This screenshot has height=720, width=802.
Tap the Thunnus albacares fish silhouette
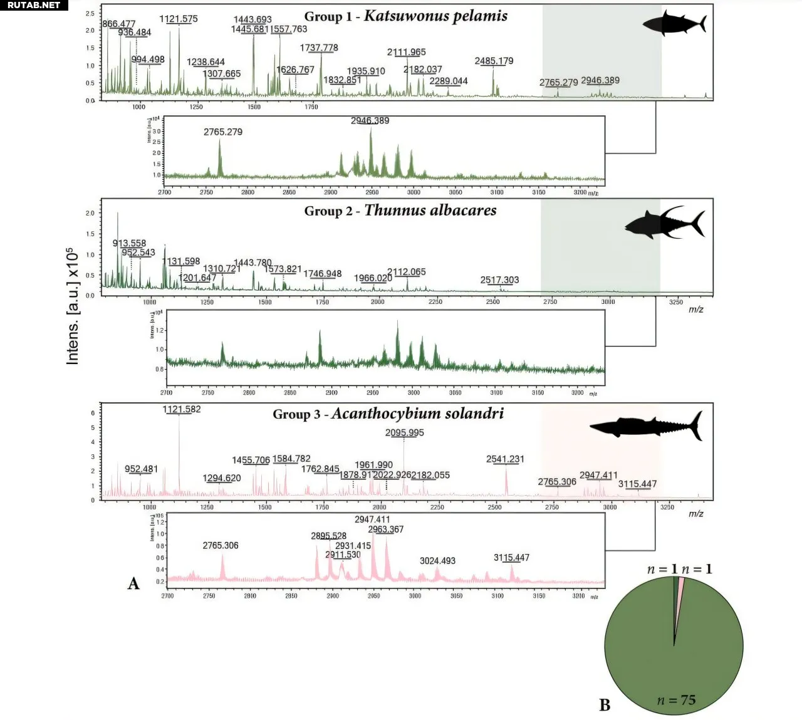click(x=665, y=222)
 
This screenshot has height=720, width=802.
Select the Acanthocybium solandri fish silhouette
click(x=645, y=426)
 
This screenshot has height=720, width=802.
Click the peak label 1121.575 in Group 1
click(x=179, y=19)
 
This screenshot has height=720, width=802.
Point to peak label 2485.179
click(x=494, y=61)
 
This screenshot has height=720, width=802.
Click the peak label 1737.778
click(x=319, y=48)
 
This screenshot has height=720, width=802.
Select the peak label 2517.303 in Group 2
click(x=499, y=280)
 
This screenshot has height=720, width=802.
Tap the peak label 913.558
click(x=130, y=243)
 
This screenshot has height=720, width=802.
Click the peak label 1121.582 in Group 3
click(x=182, y=409)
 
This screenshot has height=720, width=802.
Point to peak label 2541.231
click(x=505, y=459)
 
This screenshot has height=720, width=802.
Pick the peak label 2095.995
click(x=404, y=432)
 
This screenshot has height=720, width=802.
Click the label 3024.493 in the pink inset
click(x=437, y=561)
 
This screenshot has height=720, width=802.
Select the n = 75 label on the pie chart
click(x=676, y=700)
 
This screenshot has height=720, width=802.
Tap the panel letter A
click(x=133, y=583)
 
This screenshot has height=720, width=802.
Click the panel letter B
click(x=605, y=705)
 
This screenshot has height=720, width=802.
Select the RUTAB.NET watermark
click(x=34, y=5)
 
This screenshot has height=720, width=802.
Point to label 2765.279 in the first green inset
click(x=223, y=132)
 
